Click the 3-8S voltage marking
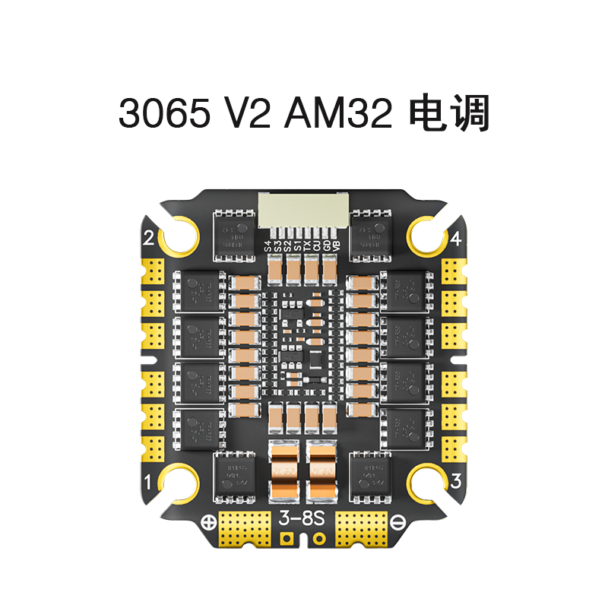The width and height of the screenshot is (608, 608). pyautogui.click(x=304, y=520)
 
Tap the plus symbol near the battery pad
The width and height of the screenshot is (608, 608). pyautogui.click(x=206, y=522)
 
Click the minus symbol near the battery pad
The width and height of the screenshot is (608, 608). pyautogui.click(x=400, y=522)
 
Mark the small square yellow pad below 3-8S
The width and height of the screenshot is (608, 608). pyautogui.click(x=287, y=539)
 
